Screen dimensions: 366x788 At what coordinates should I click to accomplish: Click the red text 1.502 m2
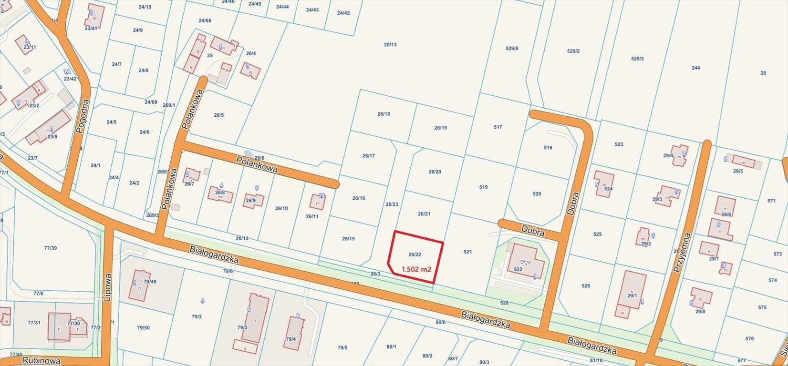coord(416,269)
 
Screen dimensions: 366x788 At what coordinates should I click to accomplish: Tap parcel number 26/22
coord(415,254)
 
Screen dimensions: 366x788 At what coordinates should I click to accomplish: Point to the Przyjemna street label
coord(682,252)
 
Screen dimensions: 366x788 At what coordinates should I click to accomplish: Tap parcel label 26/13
coord(390,45)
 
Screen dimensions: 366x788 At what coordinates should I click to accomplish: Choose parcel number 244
coord(695,68)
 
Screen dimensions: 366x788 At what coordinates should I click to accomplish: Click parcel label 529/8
coord(512,49)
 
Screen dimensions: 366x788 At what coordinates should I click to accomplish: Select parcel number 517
coord(498,127)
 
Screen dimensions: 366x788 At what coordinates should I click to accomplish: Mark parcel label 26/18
coord(384,114)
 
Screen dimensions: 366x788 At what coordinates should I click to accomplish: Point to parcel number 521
coord(467,251)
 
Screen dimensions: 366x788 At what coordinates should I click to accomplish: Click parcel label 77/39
coord(50,248)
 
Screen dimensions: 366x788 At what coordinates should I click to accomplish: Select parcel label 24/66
coord(205,20)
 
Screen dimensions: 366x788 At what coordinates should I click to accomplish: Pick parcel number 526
coord(586,286)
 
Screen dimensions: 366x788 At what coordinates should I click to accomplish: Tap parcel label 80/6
coord(440,323)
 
